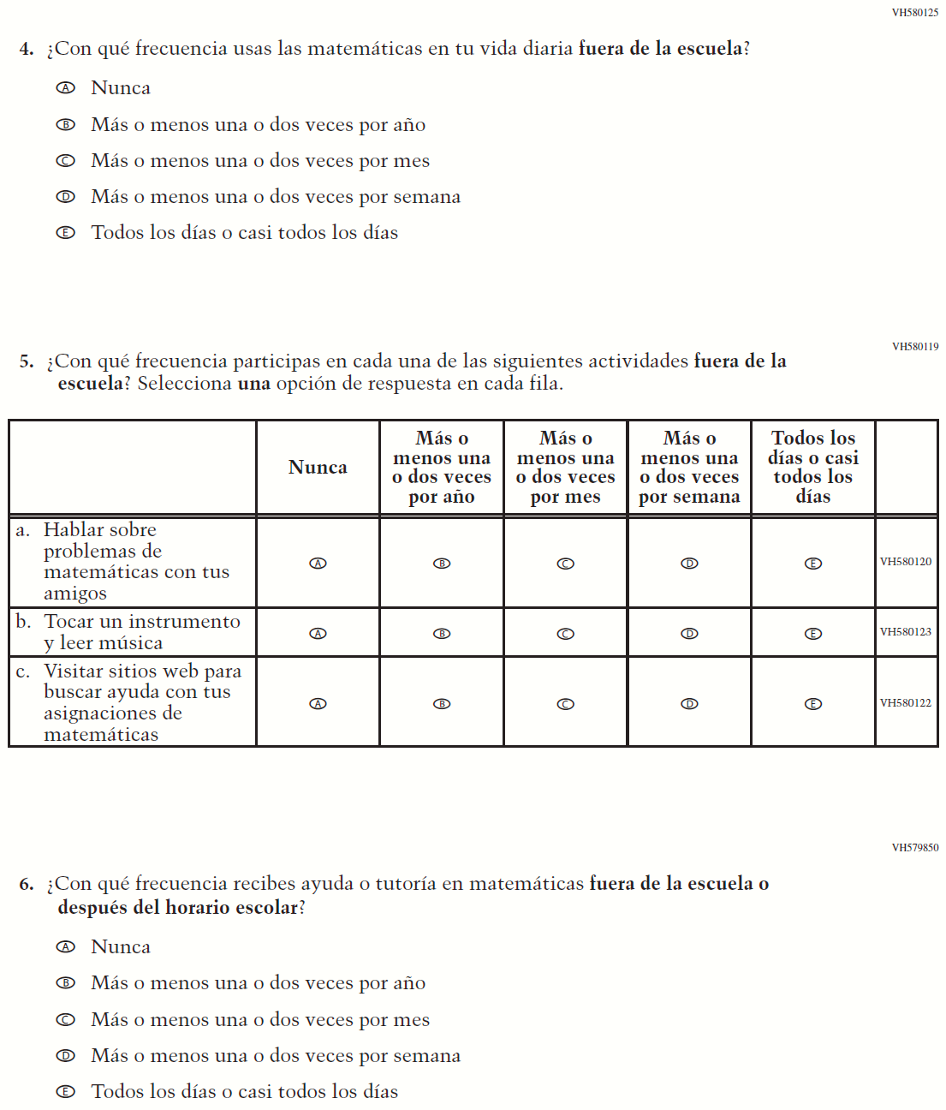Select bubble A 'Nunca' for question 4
[66, 88]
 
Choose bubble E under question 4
[66, 233]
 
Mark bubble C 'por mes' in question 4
[66, 161]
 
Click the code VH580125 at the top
[914, 13]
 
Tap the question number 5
[27, 361]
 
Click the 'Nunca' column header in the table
[318, 468]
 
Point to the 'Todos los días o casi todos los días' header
[812, 468]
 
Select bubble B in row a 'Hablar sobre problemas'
[442, 564]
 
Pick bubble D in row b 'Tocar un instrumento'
[689, 634]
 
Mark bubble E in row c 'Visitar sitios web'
[813, 704]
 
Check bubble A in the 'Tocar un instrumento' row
[318, 634]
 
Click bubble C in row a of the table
[566, 564]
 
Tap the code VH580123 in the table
[906, 632]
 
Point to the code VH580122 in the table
[906, 703]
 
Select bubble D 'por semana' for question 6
[66, 1056]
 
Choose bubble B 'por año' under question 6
[66, 983]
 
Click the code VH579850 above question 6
[914, 848]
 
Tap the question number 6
[27, 885]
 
